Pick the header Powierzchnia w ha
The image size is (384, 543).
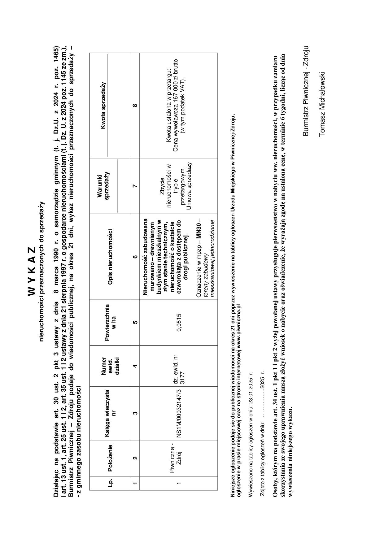[110, 322]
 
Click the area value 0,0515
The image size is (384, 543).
[179, 322]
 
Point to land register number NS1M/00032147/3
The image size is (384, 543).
[179, 413]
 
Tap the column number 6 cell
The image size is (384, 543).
[135, 257]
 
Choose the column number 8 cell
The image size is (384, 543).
[135, 105]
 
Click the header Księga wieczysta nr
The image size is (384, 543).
[110, 413]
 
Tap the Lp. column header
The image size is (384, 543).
[110, 484]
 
